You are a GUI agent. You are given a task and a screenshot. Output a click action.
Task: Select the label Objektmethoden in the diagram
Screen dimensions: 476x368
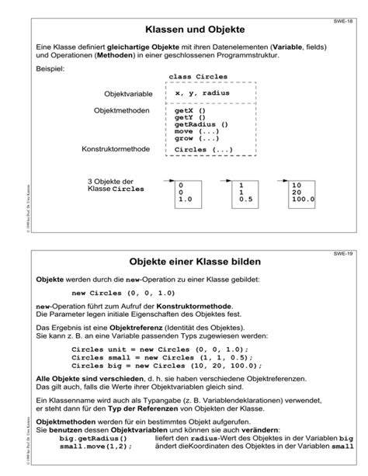tap(121, 111)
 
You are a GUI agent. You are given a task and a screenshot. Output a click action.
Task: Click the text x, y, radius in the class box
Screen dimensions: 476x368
tap(201, 93)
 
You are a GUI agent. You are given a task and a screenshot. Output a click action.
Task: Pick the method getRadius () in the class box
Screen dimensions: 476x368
tap(201, 124)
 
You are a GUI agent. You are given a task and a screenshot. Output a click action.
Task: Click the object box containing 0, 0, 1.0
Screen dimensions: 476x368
tap(189, 193)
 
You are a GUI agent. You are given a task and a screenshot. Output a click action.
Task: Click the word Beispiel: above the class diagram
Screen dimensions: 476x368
tap(50, 70)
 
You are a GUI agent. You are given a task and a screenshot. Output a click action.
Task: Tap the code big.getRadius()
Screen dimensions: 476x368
tap(97, 439)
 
